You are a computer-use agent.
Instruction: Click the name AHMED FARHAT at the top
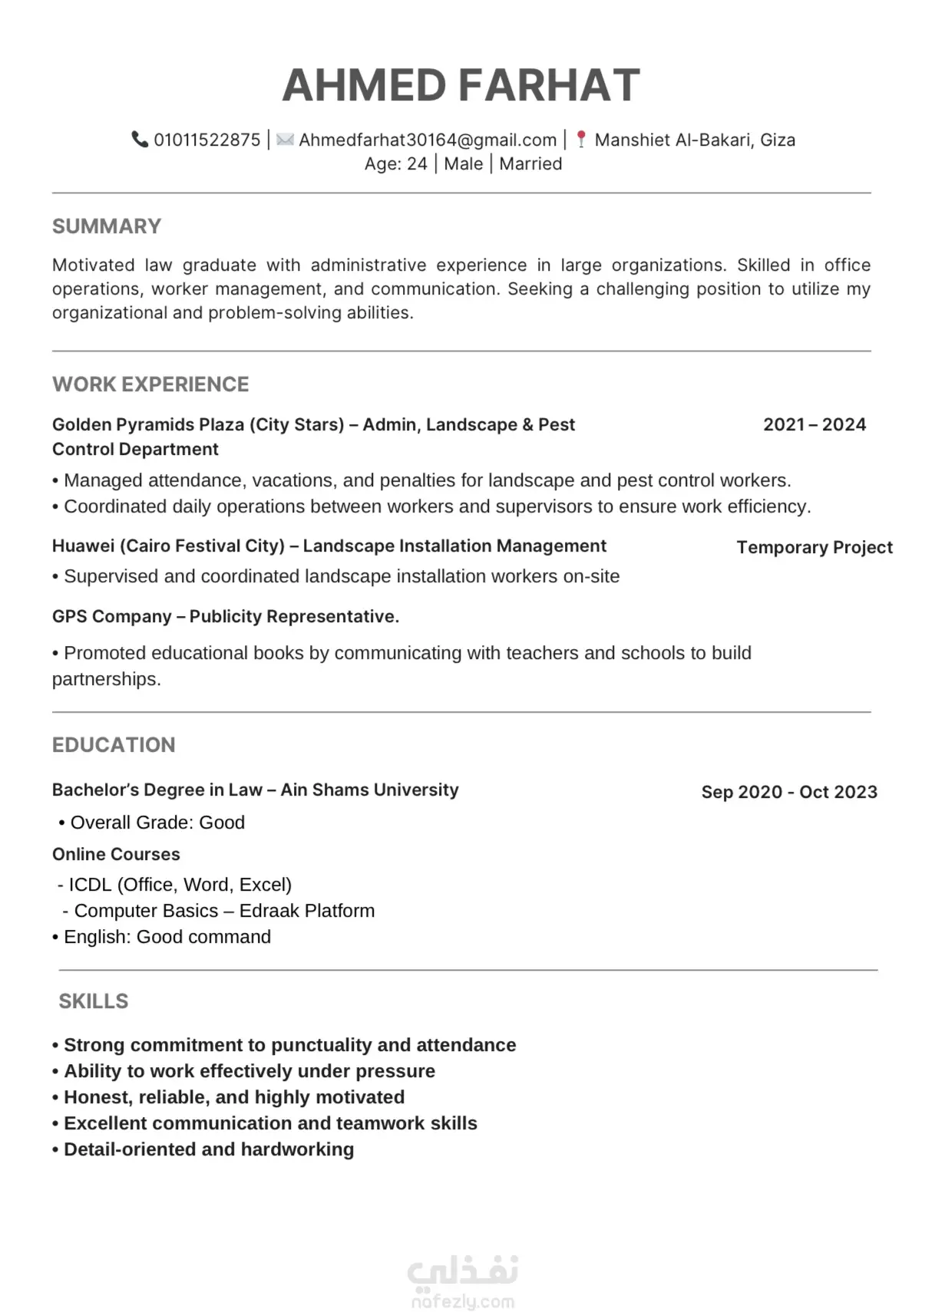click(461, 85)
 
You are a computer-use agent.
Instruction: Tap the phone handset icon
click(140, 140)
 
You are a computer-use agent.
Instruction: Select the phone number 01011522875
click(207, 140)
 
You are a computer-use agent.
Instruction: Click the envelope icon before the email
click(285, 140)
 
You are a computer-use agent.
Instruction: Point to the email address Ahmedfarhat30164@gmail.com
click(428, 140)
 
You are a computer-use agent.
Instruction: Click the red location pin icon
click(581, 140)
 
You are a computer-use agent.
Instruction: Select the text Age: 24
click(395, 163)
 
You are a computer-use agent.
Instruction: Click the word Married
click(530, 163)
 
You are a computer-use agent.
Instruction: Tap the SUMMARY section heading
click(107, 226)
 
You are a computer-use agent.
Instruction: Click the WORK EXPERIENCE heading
click(150, 384)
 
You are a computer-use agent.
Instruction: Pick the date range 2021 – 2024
click(814, 424)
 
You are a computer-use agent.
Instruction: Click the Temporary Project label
click(814, 547)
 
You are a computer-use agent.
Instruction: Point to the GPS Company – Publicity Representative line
click(226, 616)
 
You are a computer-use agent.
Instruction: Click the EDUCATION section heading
click(114, 745)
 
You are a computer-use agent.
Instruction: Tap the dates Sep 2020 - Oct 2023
click(789, 792)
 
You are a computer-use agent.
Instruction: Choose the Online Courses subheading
click(116, 854)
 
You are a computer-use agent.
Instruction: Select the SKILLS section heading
click(94, 1001)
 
